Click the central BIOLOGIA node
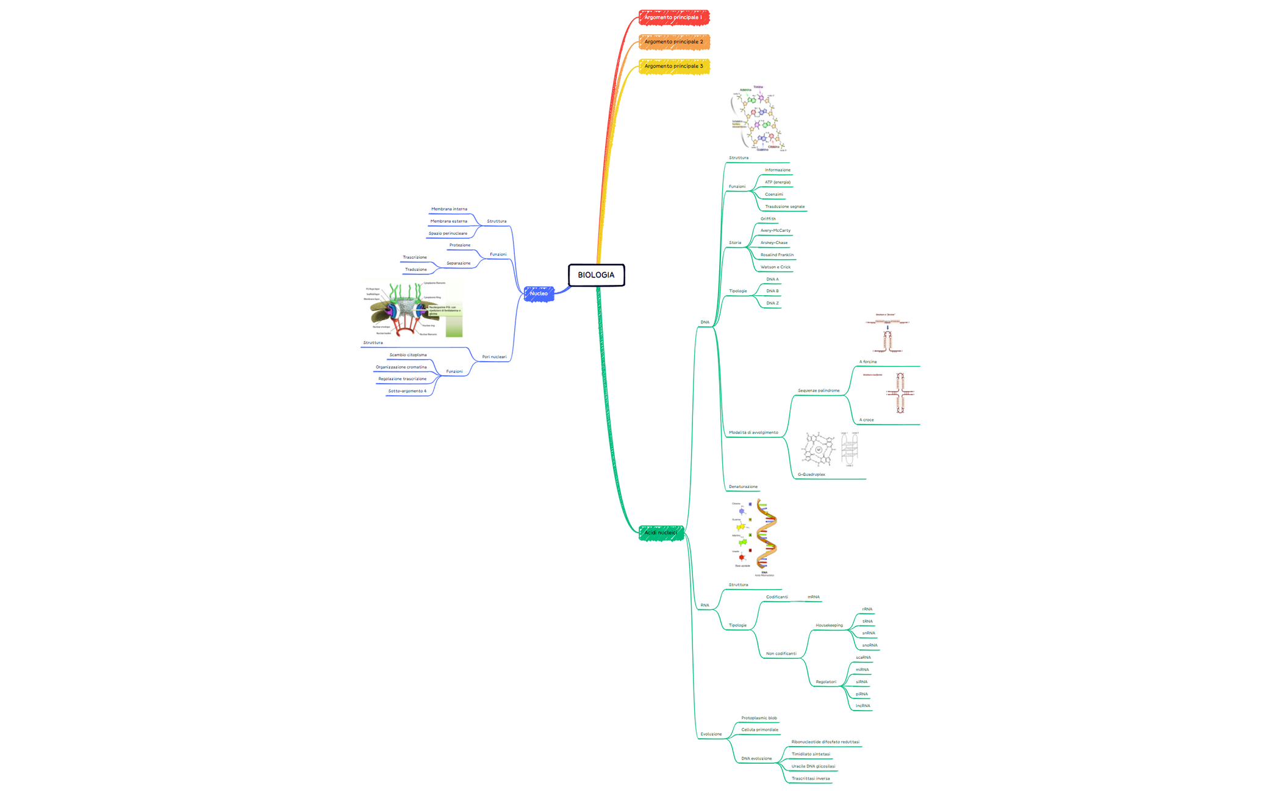(x=596, y=275)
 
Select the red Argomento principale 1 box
(x=673, y=18)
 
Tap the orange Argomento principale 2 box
(x=673, y=42)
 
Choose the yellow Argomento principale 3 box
(x=673, y=66)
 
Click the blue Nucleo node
(x=539, y=294)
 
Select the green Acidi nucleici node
(x=661, y=533)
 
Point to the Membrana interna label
(x=449, y=209)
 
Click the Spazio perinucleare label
(x=448, y=234)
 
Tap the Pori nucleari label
(x=494, y=357)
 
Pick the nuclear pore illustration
(x=413, y=309)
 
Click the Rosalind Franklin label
(x=777, y=255)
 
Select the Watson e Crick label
(x=775, y=267)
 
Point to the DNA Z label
(x=772, y=303)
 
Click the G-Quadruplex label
(x=811, y=475)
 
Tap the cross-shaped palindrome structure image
(x=899, y=393)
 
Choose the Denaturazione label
(x=743, y=487)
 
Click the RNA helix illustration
(x=766, y=536)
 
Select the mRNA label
(x=813, y=597)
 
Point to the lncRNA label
(x=863, y=706)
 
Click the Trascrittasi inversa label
(x=810, y=778)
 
